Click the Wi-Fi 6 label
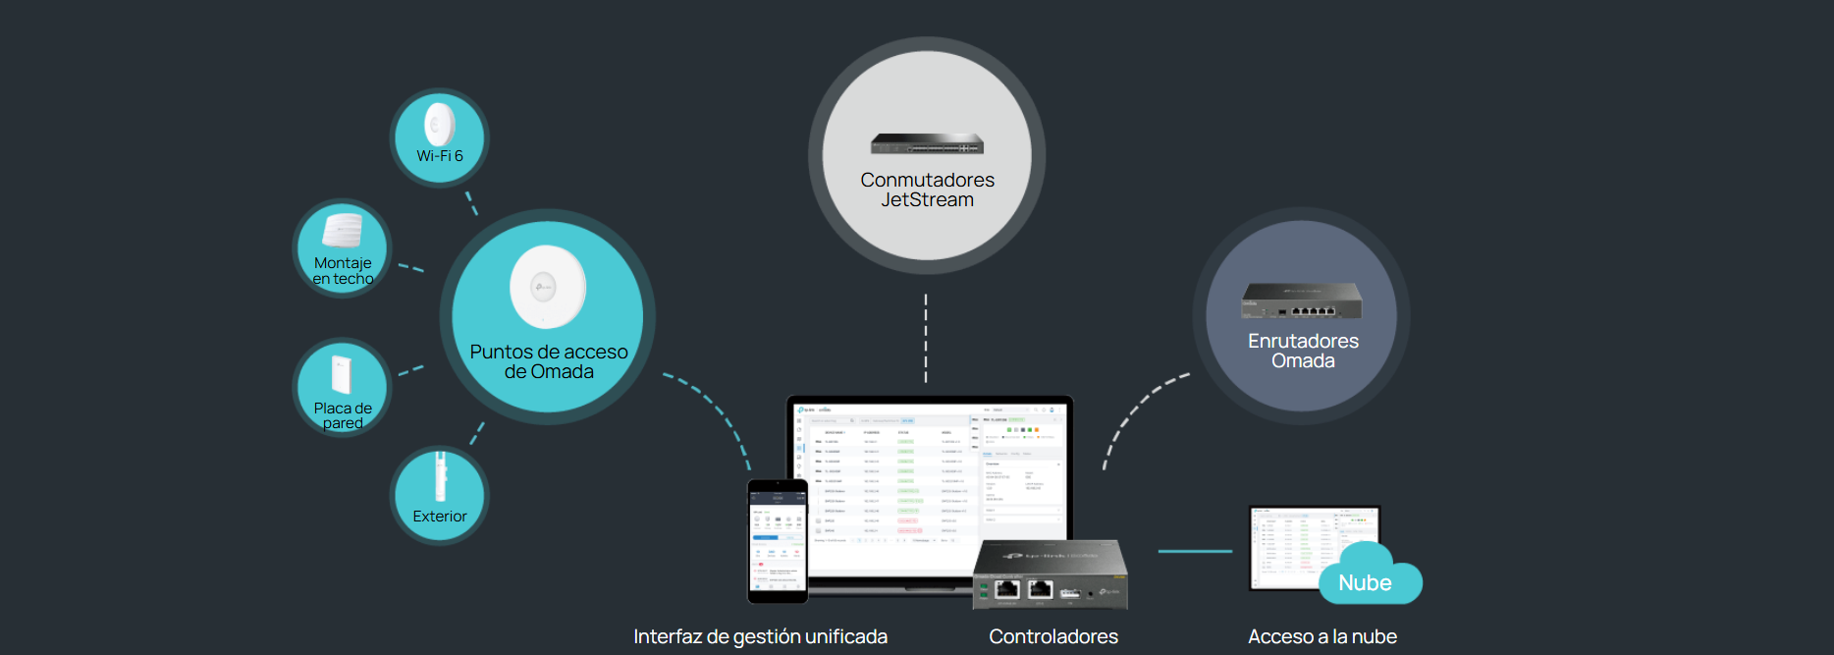[440, 156]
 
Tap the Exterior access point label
[440, 517]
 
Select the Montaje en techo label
[343, 271]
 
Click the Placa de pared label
[343, 415]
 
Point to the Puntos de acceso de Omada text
[549, 361]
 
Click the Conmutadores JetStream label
[927, 190]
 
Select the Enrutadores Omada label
[1303, 351]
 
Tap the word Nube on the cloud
[1365, 583]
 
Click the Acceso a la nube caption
[1322, 636]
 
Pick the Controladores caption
[1053, 636]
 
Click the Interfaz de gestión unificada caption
[760, 636]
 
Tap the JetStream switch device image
[927, 144]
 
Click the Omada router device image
[1302, 300]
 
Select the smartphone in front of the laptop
[778, 541]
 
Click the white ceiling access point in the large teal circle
[547, 287]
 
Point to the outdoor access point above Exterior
[441, 477]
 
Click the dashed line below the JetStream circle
[926, 339]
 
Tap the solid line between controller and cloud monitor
[1195, 552]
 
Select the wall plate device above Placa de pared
[341, 374]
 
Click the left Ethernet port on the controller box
[1007, 589]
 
